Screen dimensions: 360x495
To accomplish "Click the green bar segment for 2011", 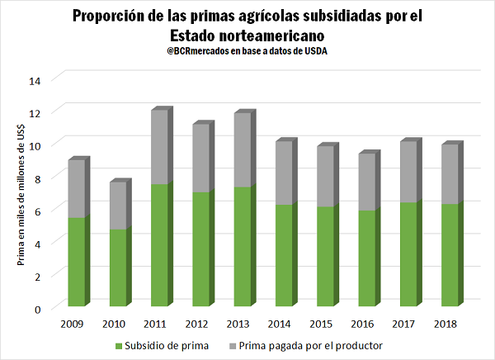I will click(x=161, y=246).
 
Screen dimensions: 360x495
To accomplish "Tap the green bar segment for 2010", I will click(x=119, y=268).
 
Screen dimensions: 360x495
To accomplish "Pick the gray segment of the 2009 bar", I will click(x=77, y=189).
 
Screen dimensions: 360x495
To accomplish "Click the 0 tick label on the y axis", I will click(x=37, y=308).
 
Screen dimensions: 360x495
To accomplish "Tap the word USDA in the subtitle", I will click(x=318, y=52).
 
